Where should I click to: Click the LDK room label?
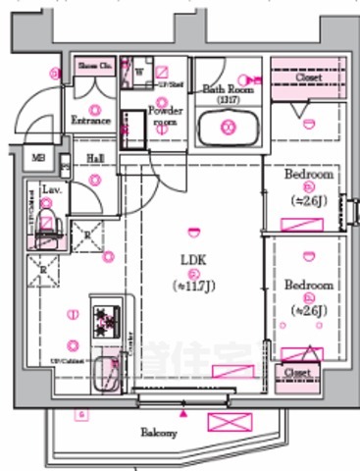point(192,259)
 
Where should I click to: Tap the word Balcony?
point(158,433)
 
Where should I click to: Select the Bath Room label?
point(229,89)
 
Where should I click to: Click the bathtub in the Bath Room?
point(228,129)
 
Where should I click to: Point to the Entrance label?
point(91,121)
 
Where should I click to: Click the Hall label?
point(95,158)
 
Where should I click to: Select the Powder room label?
point(164,116)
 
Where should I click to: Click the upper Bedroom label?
point(309,175)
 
